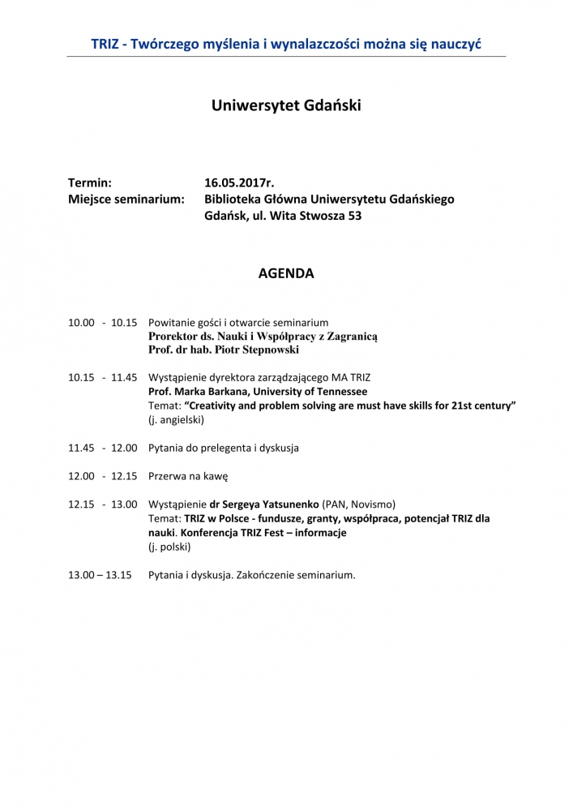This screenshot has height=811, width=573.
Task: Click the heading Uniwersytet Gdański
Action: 286,105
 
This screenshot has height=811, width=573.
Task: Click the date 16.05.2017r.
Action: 245,182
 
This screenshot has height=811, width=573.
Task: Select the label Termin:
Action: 90,182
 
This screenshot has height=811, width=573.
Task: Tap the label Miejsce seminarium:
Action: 126,200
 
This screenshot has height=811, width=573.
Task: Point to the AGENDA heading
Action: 286,274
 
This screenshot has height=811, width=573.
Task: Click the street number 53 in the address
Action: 354,217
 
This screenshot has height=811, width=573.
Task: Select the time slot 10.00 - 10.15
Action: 102,323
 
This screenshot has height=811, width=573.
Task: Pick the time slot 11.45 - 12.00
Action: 102,448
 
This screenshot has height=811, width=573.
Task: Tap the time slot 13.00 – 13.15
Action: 100,575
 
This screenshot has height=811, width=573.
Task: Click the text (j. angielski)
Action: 176,420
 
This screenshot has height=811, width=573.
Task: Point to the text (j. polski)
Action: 169,547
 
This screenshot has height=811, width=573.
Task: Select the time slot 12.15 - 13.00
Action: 102,504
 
